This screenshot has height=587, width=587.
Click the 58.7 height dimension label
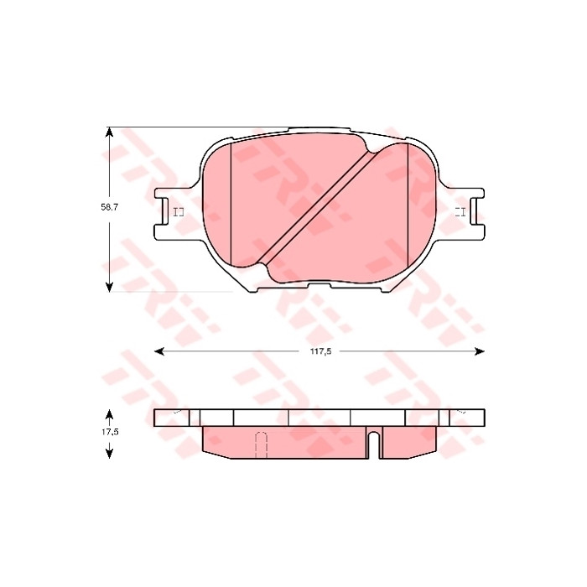[x=109, y=207]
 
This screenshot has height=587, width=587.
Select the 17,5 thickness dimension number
[x=110, y=432]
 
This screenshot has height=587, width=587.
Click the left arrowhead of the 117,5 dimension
[x=159, y=351]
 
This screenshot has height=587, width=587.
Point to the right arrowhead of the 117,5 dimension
[x=480, y=351]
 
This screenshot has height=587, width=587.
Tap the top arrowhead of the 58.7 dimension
[x=109, y=132]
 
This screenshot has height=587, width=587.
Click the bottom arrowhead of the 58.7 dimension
[x=109, y=287]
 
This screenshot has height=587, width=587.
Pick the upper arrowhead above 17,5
[x=109, y=414]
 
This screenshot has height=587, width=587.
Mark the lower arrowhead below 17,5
[x=109, y=454]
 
